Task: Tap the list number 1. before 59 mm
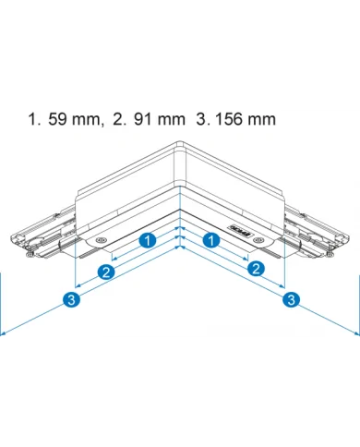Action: (x=35, y=120)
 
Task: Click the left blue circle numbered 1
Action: (x=147, y=241)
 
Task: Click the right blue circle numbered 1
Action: (x=212, y=241)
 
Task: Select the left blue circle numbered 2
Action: (x=107, y=272)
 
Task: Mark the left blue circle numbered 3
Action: (x=72, y=299)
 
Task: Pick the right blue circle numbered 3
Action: (x=291, y=299)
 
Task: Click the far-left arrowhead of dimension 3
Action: (x=4, y=334)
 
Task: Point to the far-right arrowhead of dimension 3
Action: (x=356, y=334)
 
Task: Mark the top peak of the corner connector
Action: (x=181, y=141)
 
